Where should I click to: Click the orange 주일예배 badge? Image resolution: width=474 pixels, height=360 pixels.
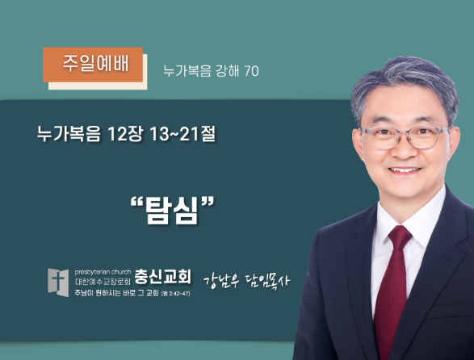click(x=93, y=65)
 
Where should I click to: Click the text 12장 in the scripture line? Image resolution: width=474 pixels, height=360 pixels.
click(x=124, y=133)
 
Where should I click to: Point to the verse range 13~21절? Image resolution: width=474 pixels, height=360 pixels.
click(x=182, y=133)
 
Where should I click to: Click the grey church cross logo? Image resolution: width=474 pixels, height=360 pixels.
click(x=58, y=283)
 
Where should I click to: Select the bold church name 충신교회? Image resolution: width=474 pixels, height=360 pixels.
click(x=162, y=276)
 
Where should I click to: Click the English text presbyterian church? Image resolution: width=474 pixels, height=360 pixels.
click(x=103, y=272)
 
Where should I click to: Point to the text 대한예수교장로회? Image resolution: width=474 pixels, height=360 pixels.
click(x=103, y=282)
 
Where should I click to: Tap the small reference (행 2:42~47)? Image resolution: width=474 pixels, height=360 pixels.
click(x=176, y=294)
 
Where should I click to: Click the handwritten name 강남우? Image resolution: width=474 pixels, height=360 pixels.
click(x=221, y=281)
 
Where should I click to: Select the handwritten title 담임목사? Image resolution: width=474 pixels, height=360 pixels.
click(x=268, y=281)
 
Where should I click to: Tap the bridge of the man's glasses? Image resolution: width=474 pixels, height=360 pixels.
click(x=405, y=134)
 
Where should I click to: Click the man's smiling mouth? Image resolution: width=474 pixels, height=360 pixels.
click(x=405, y=170)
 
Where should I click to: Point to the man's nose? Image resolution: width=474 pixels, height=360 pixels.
click(x=405, y=148)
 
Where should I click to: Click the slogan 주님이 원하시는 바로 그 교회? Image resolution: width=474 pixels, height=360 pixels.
click(x=117, y=293)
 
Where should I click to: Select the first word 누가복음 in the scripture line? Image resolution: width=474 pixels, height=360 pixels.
click(x=69, y=133)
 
